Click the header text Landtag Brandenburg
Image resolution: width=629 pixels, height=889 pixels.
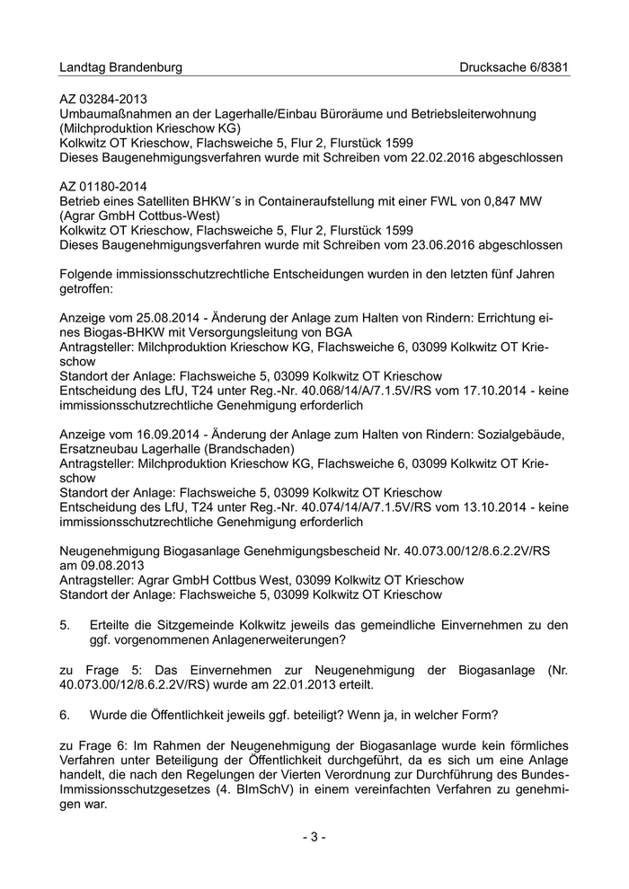pos(120,67)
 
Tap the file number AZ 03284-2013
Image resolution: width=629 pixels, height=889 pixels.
pos(103,98)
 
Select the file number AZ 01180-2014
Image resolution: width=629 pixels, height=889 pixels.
pos(103,185)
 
